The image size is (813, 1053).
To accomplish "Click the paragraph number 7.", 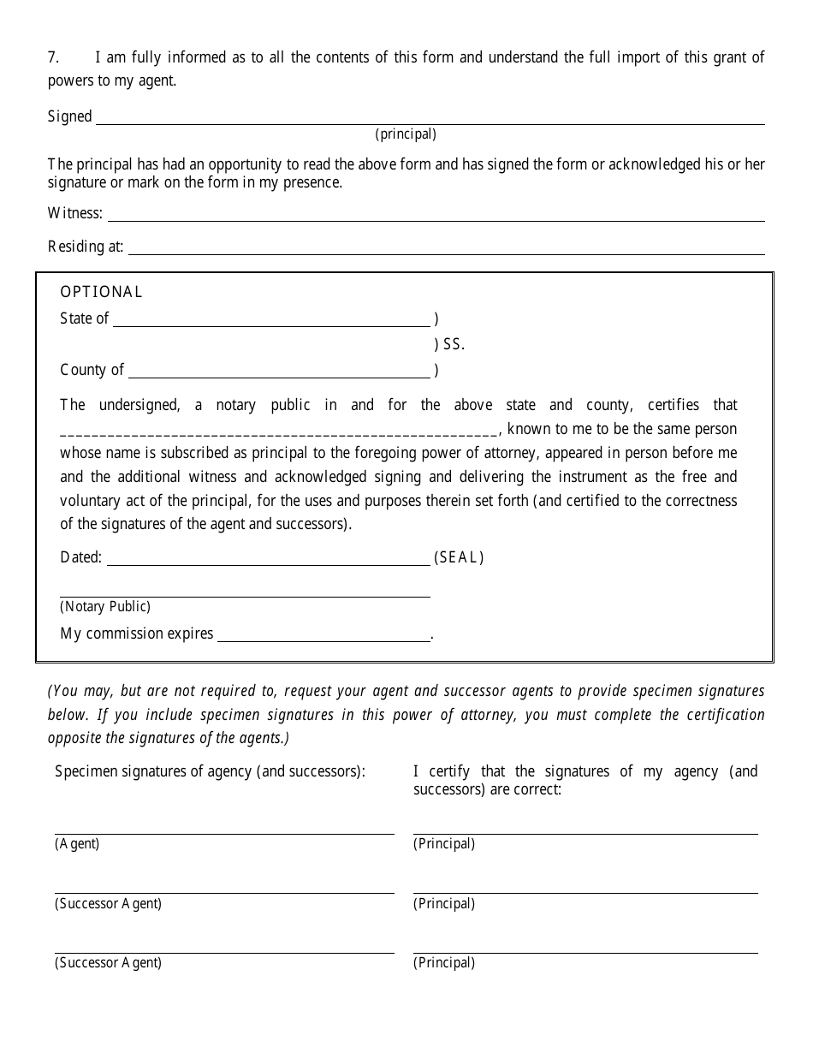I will point(52,58).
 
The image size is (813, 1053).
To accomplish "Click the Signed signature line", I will point(430,122).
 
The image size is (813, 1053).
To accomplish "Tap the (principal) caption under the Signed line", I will point(406,134).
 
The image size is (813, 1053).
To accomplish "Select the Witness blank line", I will point(436,219).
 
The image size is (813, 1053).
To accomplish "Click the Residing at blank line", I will point(446,253).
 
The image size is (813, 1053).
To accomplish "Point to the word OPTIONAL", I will point(101,292).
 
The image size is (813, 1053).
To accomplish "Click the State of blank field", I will point(271,324).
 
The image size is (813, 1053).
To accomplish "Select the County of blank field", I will point(279,376).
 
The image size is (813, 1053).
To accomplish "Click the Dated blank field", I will point(268,563).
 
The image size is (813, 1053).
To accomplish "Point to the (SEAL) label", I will point(459,558).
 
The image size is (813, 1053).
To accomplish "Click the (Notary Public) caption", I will point(105,607).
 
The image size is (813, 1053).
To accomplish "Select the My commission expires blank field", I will point(323,640).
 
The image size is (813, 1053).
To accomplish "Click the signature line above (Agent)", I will point(224,832).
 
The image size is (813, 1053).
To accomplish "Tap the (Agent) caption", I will point(77,844).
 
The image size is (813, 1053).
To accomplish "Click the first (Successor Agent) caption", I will point(108,904).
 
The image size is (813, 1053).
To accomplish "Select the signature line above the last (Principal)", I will point(585,951).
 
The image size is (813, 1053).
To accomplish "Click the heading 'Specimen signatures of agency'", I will point(210,771).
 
